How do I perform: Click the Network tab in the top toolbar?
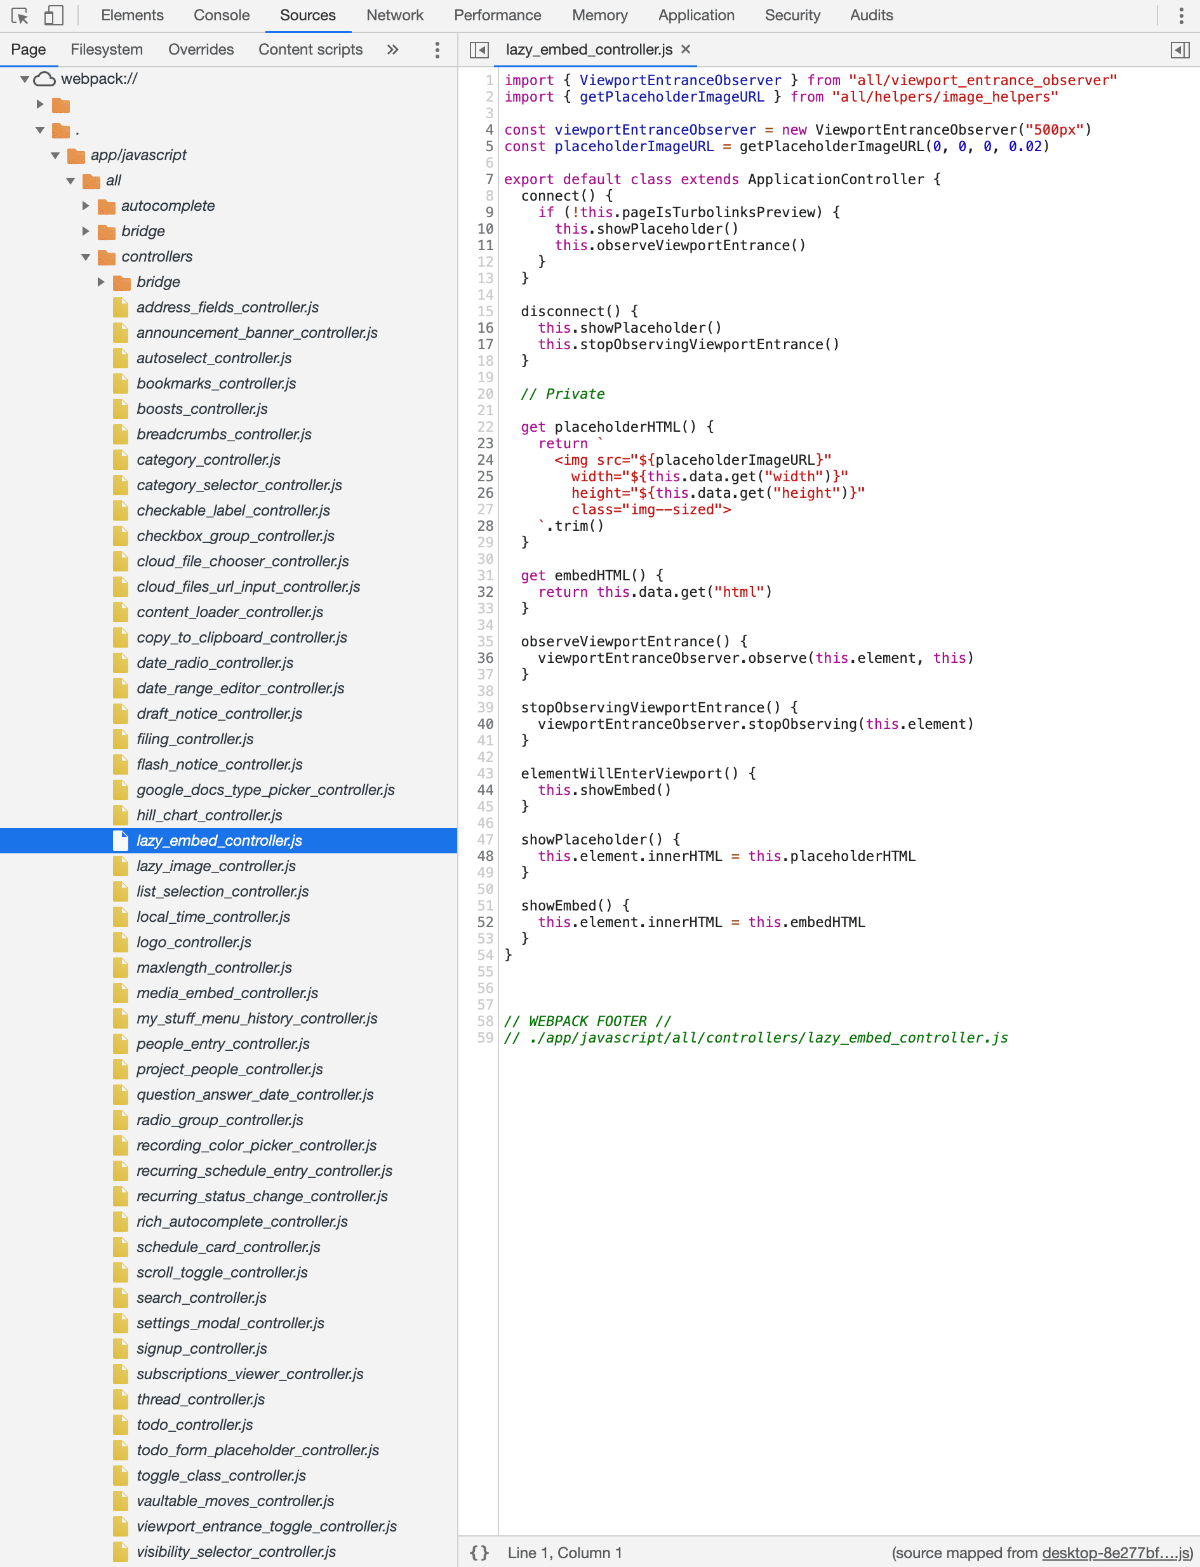point(394,15)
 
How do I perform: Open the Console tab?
point(222,15)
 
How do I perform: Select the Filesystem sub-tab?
point(107,50)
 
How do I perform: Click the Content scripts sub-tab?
point(310,50)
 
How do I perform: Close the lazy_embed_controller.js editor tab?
point(686,50)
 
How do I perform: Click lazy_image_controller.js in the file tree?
point(216,865)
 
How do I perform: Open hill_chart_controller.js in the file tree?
point(210,815)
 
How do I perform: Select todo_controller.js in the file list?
point(194,1424)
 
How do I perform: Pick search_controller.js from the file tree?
point(201,1297)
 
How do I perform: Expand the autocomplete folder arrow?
point(86,206)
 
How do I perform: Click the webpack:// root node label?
point(99,79)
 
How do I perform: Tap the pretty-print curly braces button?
point(479,1552)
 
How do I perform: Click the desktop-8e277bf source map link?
point(1116,1552)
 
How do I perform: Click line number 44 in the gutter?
point(485,790)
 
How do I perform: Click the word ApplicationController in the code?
point(836,179)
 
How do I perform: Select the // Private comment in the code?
point(563,394)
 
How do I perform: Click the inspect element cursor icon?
point(19,15)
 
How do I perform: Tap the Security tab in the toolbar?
point(792,15)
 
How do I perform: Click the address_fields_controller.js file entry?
point(227,307)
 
